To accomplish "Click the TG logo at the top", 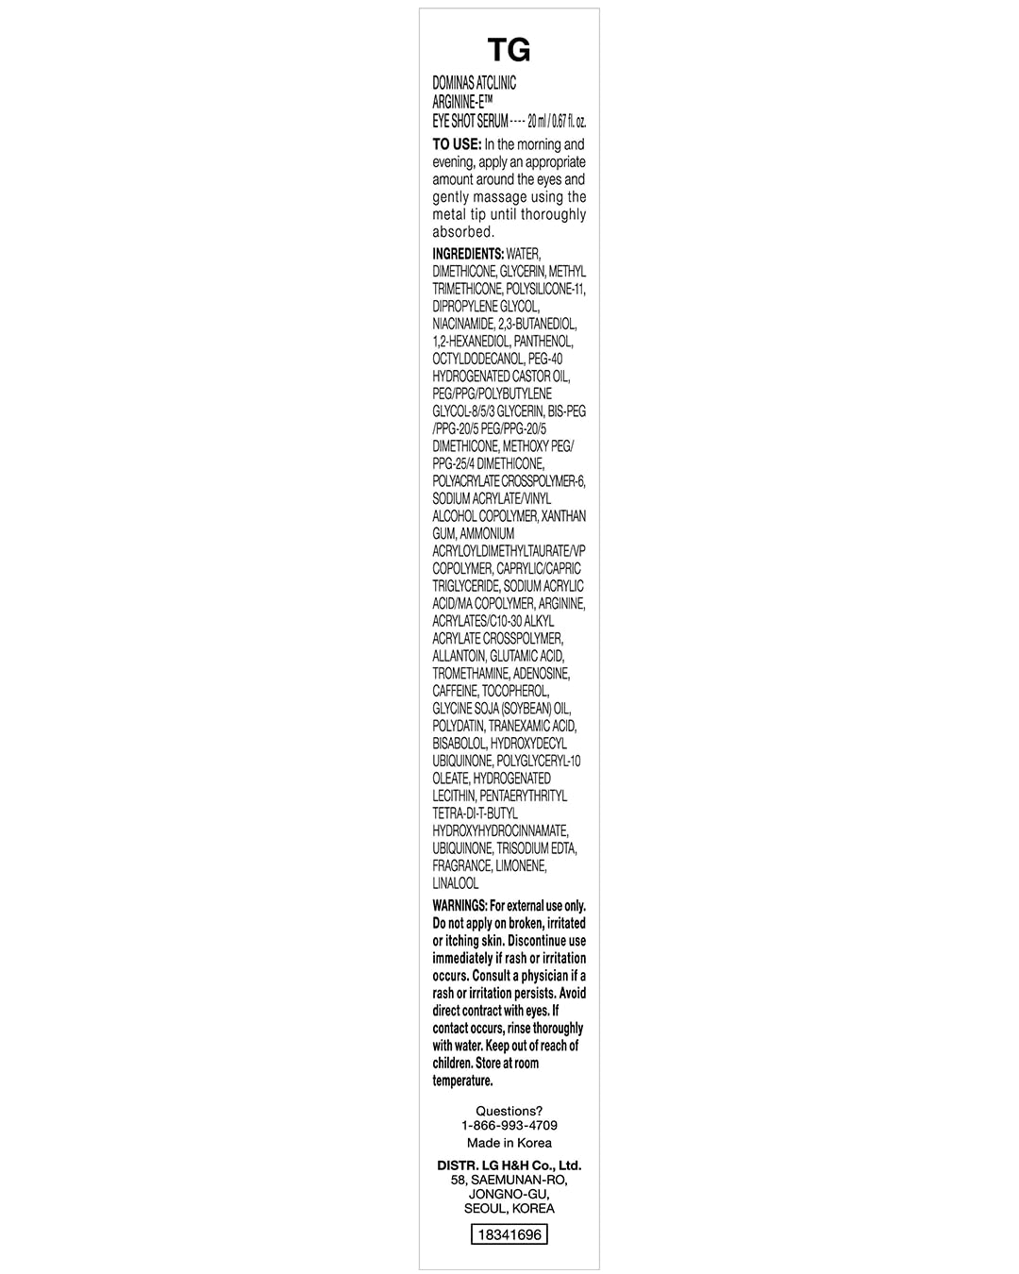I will [x=509, y=50].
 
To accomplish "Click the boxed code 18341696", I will [x=509, y=1234].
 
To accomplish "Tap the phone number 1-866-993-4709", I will [x=509, y=1125].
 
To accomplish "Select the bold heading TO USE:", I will [x=457, y=144].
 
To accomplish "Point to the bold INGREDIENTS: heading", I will [x=468, y=254].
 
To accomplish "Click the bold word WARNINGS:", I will [x=459, y=906].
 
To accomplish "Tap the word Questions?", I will [x=509, y=1111].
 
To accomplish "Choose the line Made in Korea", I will [x=509, y=1142].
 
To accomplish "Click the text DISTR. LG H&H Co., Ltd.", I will [x=509, y=1165].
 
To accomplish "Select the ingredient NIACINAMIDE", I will [x=463, y=324].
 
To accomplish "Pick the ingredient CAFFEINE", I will [x=455, y=691].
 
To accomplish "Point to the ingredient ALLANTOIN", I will [x=459, y=656].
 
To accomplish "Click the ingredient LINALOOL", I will [x=456, y=883].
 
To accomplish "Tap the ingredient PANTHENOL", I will [x=543, y=342].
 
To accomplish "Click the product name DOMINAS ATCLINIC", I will [x=475, y=83].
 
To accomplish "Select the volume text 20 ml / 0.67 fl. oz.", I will [x=558, y=122].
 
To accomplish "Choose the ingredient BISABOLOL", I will [x=459, y=744].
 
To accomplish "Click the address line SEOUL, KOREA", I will [x=509, y=1208].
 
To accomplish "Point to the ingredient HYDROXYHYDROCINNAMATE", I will [x=500, y=830].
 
